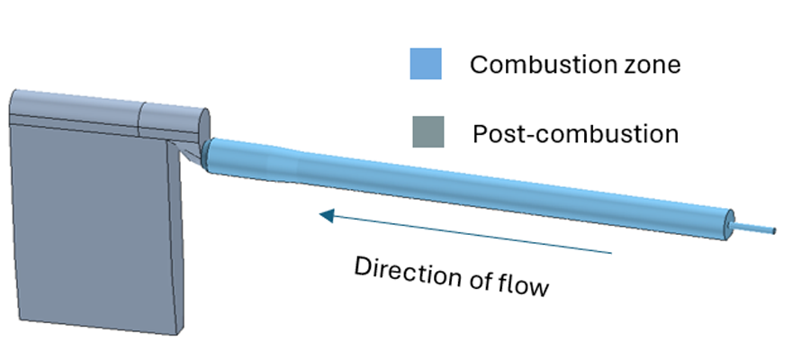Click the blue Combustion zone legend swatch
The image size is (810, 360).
tap(426, 64)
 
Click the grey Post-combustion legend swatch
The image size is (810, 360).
tap(426, 132)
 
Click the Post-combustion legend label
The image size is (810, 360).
tap(575, 134)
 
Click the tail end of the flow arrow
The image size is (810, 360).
tap(611, 252)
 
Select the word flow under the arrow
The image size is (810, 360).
tap(524, 286)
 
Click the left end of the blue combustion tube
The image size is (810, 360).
tap(209, 155)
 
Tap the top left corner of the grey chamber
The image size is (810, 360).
tap(12, 93)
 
